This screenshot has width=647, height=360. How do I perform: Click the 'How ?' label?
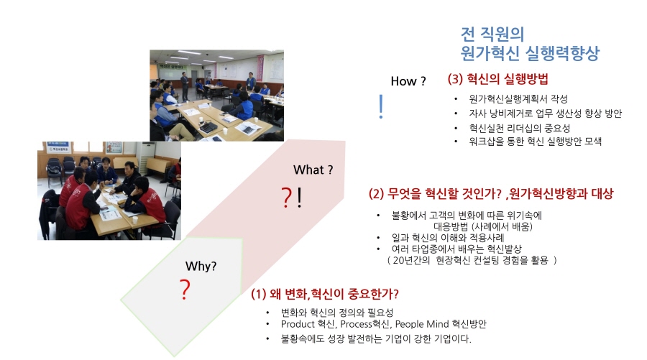click(408, 81)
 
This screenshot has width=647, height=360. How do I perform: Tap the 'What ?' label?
click(313, 170)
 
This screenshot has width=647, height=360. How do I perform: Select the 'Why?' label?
click(201, 266)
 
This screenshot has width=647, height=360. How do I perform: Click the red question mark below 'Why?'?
click(185, 289)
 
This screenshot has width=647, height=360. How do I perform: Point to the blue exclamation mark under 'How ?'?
click(381, 106)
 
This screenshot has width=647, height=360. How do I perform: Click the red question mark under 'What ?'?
click(286, 197)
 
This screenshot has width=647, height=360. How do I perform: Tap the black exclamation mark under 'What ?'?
click(299, 197)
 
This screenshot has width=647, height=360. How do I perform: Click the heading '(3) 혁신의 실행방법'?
click(497, 79)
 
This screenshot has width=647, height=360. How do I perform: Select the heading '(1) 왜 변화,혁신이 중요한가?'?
click(325, 294)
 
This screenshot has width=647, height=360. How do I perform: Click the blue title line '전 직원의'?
click(492, 34)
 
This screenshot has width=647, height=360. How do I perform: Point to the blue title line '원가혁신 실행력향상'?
click(529, 53)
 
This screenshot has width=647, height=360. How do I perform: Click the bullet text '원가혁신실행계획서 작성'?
click(518, 99)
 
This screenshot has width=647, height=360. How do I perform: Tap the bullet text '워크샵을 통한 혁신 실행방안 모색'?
click(535, 142)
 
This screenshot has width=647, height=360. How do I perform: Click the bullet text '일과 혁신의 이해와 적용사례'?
click(448, 238)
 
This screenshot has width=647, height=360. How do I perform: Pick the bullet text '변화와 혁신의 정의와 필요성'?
click(337, 313)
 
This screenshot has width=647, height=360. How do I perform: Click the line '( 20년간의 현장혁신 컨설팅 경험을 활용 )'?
click(472, 260)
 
